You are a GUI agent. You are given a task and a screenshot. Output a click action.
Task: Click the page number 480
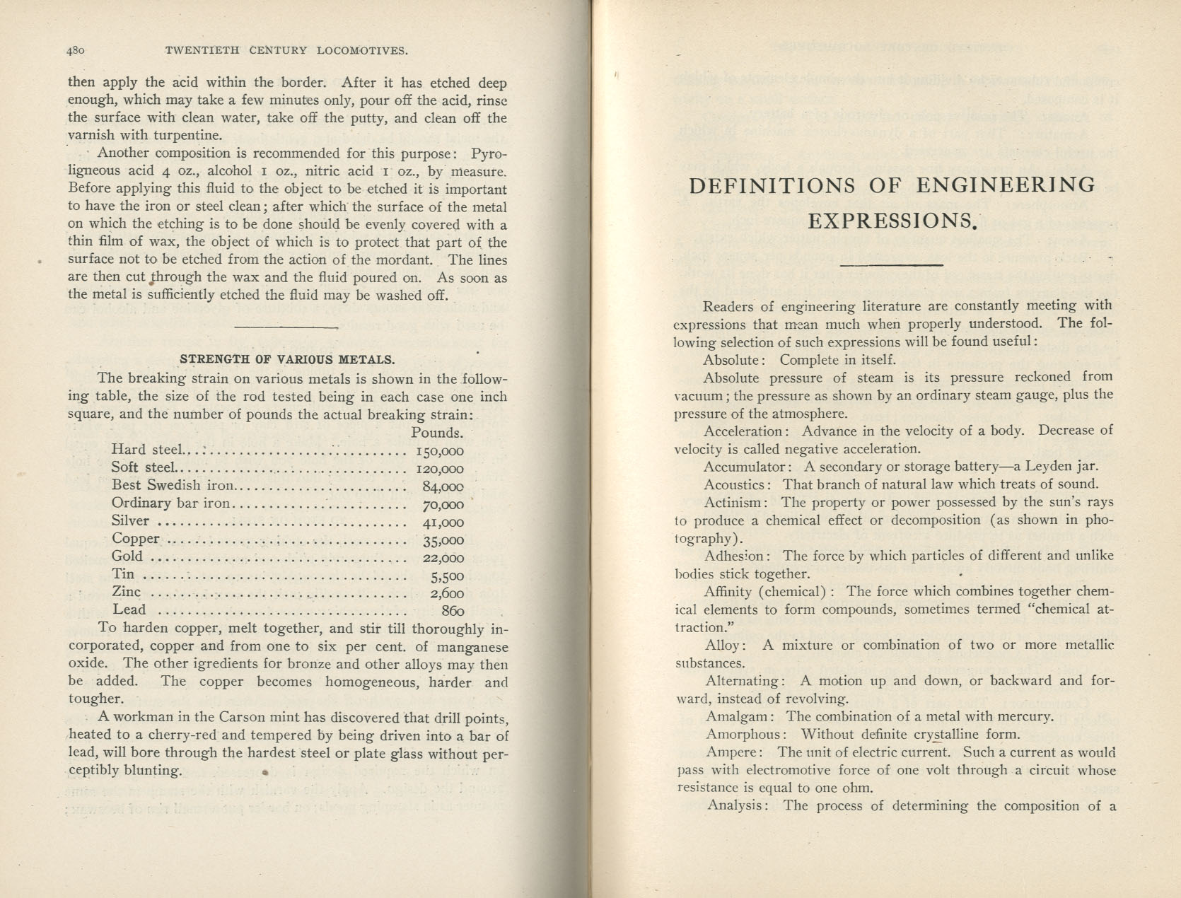(x=76, y=51)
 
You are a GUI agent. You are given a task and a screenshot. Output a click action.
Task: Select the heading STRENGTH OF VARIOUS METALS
(x=287, y=359)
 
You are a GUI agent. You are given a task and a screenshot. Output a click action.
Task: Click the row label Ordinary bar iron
(x=171, y=503)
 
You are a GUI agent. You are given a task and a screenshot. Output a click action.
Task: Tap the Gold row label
(x=127, y=556)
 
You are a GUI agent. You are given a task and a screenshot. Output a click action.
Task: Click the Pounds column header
(x=437, y=433)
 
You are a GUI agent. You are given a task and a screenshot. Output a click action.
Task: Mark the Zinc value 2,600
(x=447, y=593)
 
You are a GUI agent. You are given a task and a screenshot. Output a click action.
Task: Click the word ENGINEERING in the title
(x=1006, y=186)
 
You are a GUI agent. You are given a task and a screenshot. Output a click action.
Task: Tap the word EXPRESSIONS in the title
(x=891, y=221)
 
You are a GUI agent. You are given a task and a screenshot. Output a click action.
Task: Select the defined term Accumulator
(x=744, y=467)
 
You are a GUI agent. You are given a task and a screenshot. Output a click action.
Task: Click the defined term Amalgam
(x=736, y=716)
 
